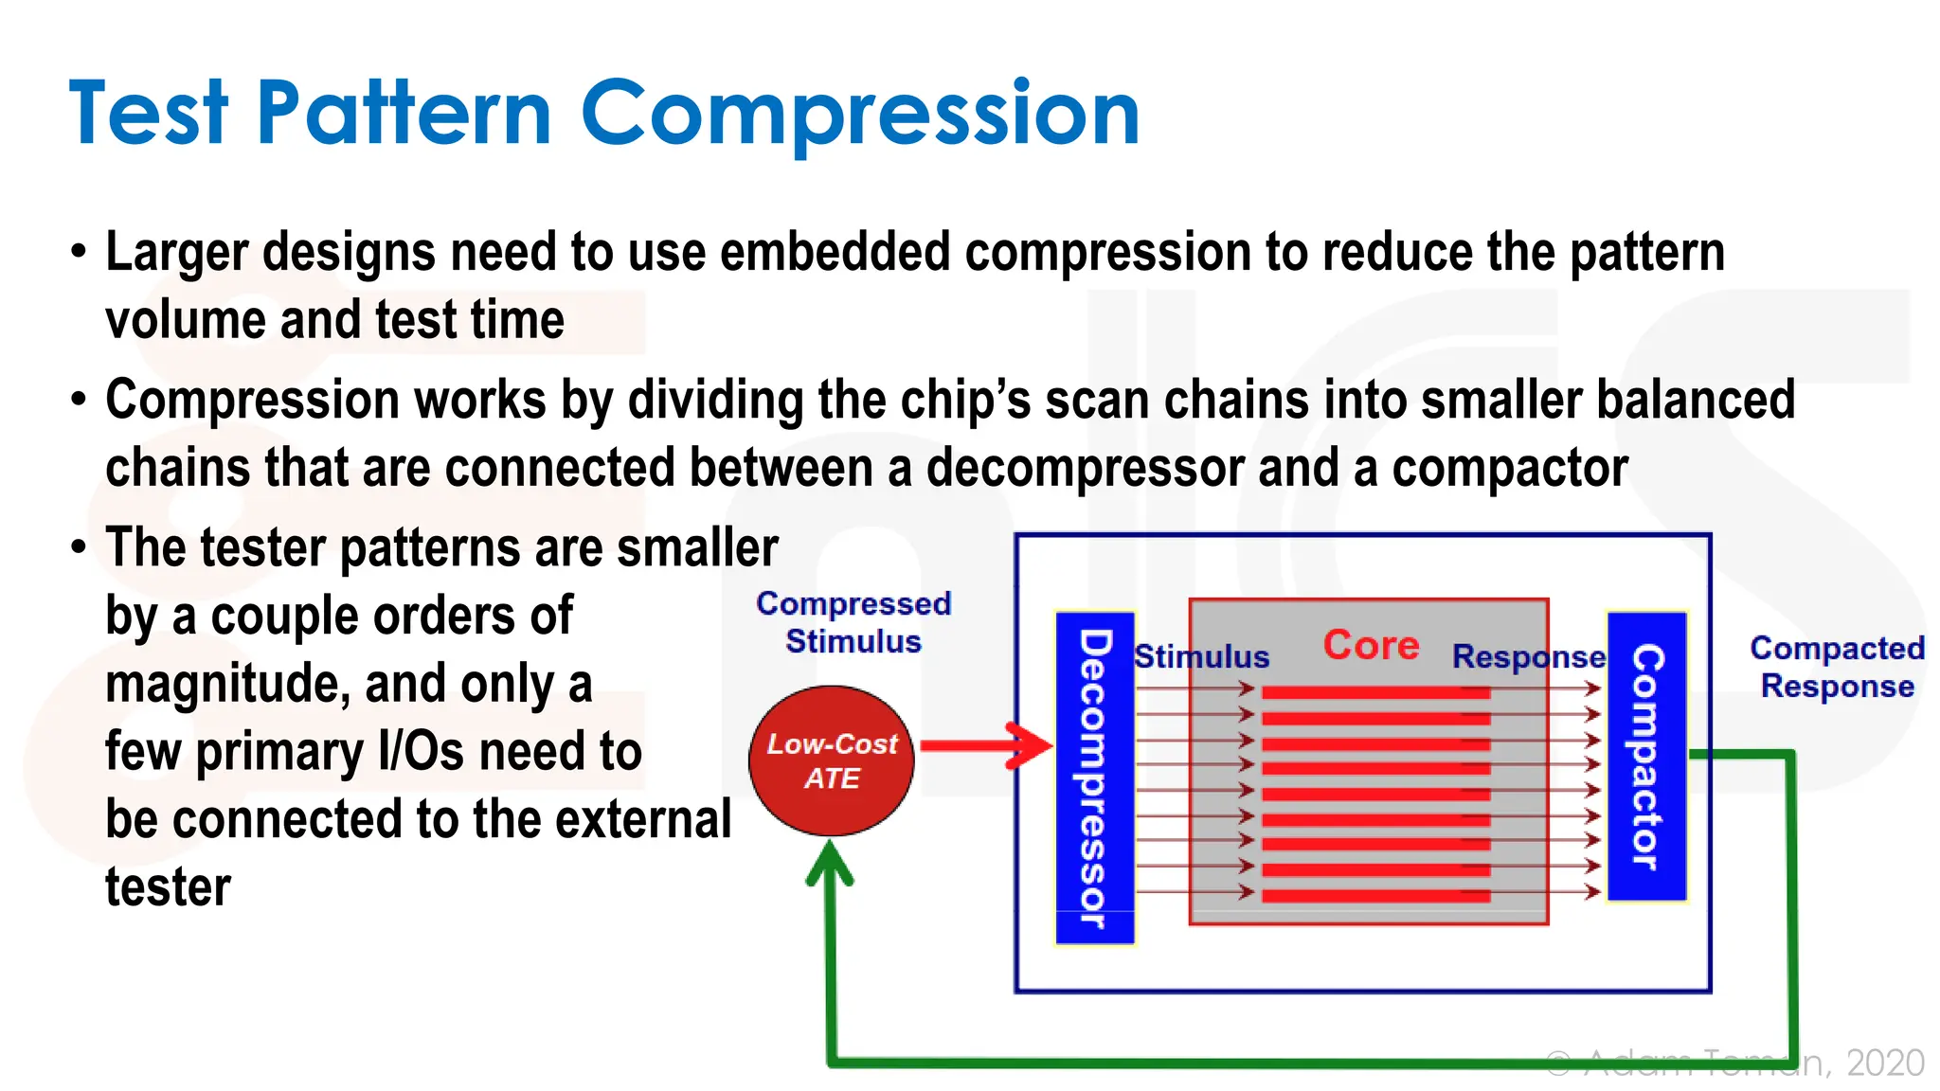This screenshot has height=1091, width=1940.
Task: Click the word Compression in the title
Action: (x=859, y=114)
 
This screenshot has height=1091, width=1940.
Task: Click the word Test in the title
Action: (x=149, y=114)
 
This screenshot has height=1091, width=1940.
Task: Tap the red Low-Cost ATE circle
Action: (x=831, y=760)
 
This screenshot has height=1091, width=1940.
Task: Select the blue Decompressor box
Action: (x=1094, y=778)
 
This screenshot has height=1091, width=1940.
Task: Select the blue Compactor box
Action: (x=1647, y=756)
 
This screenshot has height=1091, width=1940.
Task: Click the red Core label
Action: (x=1371, y=646)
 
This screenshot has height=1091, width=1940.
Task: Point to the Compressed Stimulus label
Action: (x=853, y=622)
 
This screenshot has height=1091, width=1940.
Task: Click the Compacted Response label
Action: (x=1837, y=667)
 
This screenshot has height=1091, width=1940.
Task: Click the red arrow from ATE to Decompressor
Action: (x=985, y=746)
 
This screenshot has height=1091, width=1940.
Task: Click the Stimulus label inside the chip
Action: (x=1201, y=656)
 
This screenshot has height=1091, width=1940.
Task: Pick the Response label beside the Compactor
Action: (x=1528, y=656)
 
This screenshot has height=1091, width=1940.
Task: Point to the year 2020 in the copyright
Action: (x=1885, y=1064)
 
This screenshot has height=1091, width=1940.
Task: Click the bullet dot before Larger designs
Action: (x=79, y=253)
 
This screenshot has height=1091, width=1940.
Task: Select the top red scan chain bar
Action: (x=1375, y=693)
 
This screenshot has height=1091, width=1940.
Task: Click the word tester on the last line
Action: (x=168, y=887)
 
